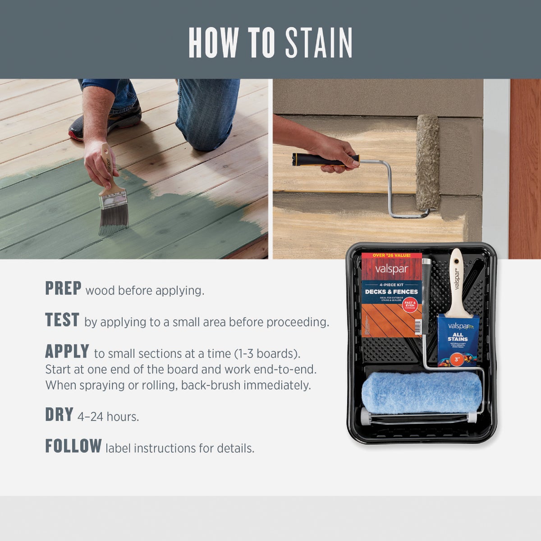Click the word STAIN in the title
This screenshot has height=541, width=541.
(x=318, y=43)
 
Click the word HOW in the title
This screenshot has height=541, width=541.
(x=213, y=43)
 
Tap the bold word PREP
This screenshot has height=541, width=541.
(x=63, y=289)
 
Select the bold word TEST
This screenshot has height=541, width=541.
(x=62, y=320)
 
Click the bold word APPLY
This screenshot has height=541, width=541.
(x=67, y=351)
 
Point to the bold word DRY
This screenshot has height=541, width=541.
(x=59, y=415)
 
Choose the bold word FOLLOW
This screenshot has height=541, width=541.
(x=73, y=446)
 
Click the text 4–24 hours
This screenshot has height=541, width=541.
(x=108, y=417)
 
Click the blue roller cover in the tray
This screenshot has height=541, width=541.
(x=422, y=392)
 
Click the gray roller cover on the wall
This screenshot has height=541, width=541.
(x=427, y=162)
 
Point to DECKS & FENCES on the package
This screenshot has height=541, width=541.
(x=391, y=292)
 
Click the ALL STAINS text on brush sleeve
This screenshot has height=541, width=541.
(x=458, y=337)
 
